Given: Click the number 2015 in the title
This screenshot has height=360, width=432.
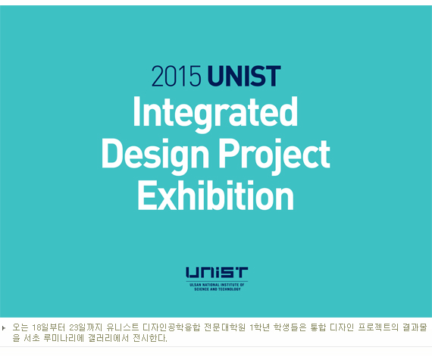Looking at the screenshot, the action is pyautogui.click(x=177, y=76).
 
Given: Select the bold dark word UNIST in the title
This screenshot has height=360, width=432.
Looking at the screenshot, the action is pyautogui.click(x=244, y=76).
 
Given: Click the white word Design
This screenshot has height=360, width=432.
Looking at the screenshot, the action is pyautogui.click(x=155, y=155).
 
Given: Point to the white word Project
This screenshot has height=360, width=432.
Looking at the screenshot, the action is pyautogui.click(x=274, y=155).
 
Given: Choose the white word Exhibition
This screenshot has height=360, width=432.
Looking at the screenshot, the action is pyautogui.click(x=215, y=196).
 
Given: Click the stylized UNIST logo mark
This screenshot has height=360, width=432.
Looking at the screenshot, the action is pyautogui.click(x=217, y=272).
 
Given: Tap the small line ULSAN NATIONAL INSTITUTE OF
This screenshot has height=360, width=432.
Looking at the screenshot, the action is pyautogui.click(x=217, y=284).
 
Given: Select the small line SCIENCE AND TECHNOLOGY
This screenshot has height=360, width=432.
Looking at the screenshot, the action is pyautogui.click(x=218, y=290).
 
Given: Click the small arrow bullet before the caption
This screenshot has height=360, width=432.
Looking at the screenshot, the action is pyautogui.click(x=4, y=327).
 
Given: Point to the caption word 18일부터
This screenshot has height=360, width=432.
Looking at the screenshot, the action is pyautogui.click(x=49, y=327).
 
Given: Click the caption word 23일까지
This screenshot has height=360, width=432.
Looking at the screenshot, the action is pyautogui.click(x=86, y=327).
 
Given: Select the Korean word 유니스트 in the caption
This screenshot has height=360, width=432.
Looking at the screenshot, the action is pyautogui.click(x=123, y=327).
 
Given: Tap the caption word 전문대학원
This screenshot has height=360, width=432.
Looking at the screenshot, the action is pyautogui.click(x=224, y=327).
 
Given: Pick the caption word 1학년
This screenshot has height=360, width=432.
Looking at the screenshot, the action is pyautogui.click(x=259, y=327).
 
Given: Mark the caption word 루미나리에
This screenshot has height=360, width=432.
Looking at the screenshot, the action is pyautogui.click(x=64, y=338).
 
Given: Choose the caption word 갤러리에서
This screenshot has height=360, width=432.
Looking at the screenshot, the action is pyautogui.click(x=108, y=338).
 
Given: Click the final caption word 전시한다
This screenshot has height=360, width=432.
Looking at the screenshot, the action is pyautogui.click(x=150, y=338).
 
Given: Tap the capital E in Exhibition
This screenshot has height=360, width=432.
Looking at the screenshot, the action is pyautogui.click(x=146, y=196).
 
